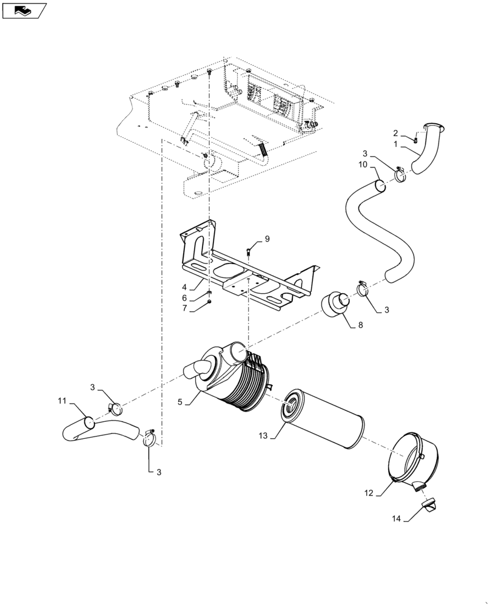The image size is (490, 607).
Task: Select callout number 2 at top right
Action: [395, 133]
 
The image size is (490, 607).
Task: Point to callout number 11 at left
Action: [62, 401]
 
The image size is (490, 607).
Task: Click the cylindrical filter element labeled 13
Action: [324, 419]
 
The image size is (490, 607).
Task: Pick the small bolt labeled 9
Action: [249, 249]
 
